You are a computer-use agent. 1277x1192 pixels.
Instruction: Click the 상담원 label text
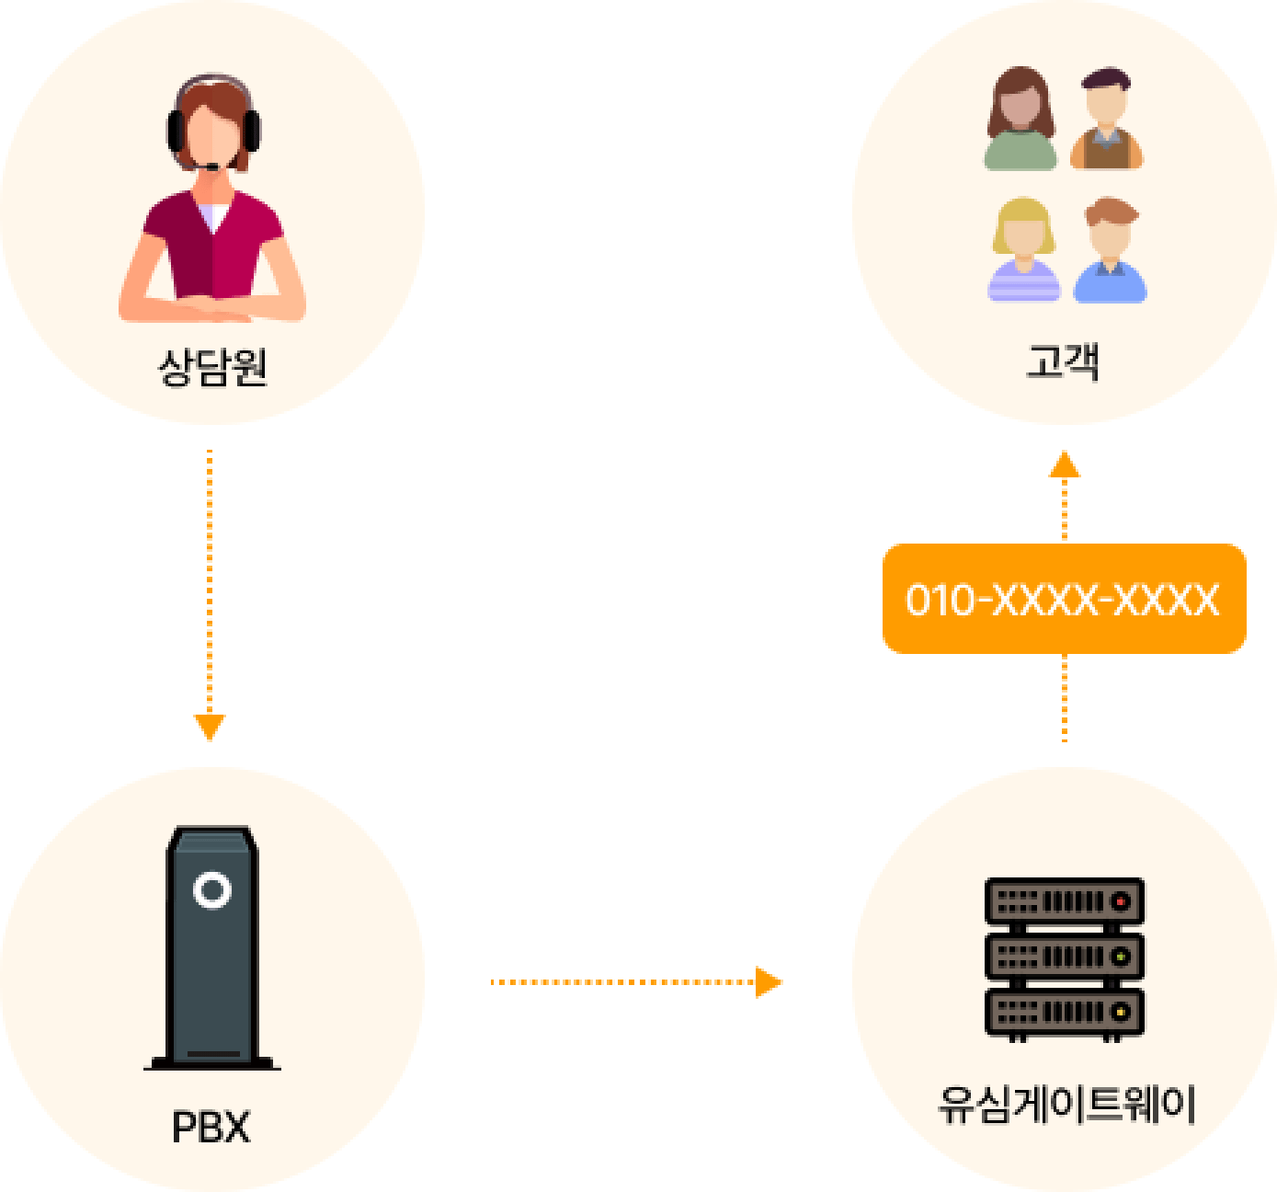[212, 368]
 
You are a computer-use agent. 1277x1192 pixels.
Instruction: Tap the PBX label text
[211, 1128]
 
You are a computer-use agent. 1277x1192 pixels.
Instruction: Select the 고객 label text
[1063, 361]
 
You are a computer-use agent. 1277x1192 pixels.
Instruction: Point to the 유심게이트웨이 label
[1066, 1104]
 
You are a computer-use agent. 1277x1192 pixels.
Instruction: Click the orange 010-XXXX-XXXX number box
[1064, 599]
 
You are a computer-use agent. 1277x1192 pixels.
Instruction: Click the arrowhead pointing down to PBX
[210, 727]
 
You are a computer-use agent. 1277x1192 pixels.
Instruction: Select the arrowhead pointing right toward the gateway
[768, 982]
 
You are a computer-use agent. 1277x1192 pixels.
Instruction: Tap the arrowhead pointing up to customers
[1065, 464]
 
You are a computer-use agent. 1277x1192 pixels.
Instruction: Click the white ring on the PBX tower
[212, 890]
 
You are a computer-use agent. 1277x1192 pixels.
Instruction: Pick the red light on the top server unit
[1120, 901]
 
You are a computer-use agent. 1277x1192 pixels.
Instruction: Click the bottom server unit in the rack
[1064, 1012]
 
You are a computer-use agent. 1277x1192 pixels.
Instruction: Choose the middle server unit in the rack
[1064, 957]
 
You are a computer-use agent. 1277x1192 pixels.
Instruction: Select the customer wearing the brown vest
[1106, 120]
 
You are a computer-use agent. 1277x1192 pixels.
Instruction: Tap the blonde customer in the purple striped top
[1023, 249]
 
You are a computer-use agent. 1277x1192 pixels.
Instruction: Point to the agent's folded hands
[212, 312]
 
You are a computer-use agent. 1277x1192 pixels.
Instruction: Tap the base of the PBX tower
[212, 1062]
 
